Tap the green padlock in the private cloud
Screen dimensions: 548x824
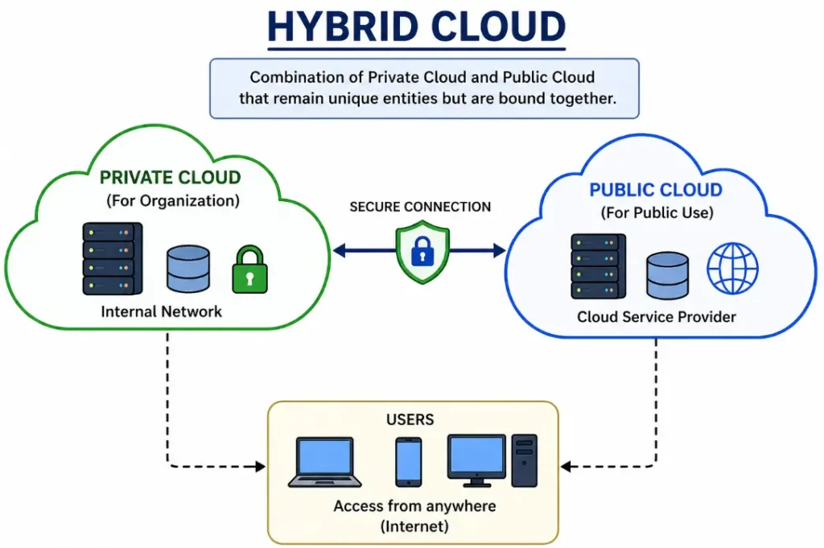pyautogui.click(x=249, y=270)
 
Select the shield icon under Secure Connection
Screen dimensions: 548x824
pyautogui.click(x=422, y=252)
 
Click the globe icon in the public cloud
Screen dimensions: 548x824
pyautogui.click(x=732, y=268)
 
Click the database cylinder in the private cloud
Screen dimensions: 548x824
pyautogui.click(x=188, y=269)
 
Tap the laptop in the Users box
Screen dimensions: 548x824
pyautogui.click(x=324, y=462)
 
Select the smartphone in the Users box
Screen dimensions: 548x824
pyautogui.click(x=408, y=461)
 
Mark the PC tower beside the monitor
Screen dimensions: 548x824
pyautogui.click(x=524, y=459)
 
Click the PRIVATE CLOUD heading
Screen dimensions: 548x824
pyautogui.click(x=170, y=177)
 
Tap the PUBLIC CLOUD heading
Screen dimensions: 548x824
pyautogui.click(x=656, y=191)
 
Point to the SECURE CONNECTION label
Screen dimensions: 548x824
pyautogui.click(x=420, y=207)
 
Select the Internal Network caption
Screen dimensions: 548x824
pyautogui.click(x=161, y=311)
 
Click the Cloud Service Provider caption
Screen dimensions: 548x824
pyautogui.click(x=656, y=317)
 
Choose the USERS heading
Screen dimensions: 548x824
pyautogui.click(x=410, y=419)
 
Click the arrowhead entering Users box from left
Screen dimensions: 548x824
pyautogui.click(x=260, y=466)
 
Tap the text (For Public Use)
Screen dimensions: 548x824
pyautogui.click(x=656, y=214)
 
